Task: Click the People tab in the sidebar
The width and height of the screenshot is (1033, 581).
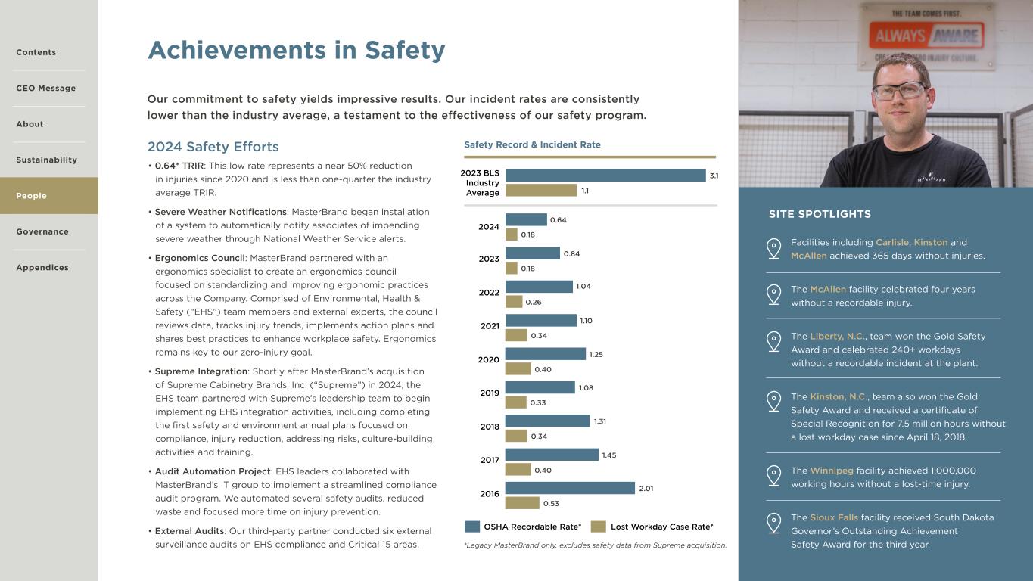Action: (32, 196)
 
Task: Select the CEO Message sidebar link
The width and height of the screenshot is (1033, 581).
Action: (46, 89)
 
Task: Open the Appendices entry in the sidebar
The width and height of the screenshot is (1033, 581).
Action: (42, 268)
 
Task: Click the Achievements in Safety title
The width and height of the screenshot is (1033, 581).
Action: (296, 50)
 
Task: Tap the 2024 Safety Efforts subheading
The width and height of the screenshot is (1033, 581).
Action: (213, 147)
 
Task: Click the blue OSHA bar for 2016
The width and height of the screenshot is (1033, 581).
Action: (570, 488)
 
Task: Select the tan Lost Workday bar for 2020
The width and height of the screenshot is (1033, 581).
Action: (518, 369)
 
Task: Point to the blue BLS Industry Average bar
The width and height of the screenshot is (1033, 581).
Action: (605, 176)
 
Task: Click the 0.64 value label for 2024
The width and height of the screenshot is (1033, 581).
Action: (558, 220)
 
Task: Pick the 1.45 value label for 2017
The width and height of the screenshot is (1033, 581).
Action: (609, 455)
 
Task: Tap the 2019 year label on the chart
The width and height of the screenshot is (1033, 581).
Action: (490, 393)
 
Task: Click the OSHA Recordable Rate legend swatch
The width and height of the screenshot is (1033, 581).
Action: (472, 527)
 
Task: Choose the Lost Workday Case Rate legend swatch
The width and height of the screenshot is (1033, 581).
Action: (599, 527)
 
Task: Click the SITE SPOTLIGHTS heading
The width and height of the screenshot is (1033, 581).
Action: (820, 214)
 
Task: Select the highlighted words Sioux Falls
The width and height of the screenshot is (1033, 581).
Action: (834, 517)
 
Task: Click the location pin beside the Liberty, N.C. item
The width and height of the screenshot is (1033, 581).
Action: (773, 341)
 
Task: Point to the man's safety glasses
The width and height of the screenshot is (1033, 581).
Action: (898, 91)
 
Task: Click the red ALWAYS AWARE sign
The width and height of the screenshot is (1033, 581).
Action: (926, 35)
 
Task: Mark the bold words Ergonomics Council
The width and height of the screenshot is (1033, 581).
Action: (200, 258)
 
